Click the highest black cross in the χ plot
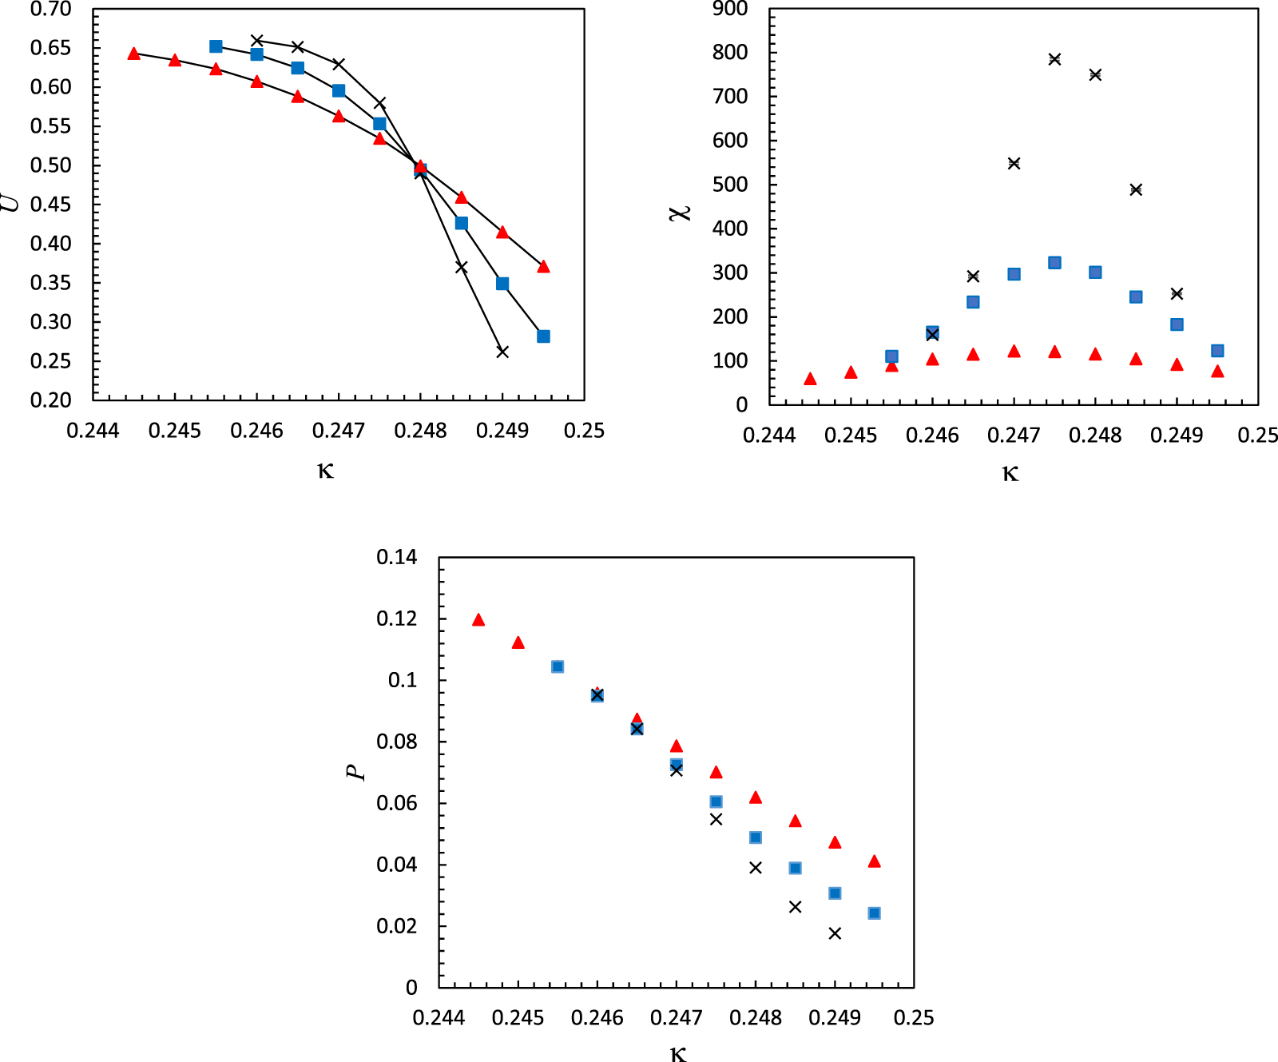1054,59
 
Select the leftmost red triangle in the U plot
134,54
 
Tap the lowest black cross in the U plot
502,352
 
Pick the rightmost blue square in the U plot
543,336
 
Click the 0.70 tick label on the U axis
50,10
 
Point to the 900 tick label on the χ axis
730,10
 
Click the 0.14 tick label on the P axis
397,557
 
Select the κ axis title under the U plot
325,470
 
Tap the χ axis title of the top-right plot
680,212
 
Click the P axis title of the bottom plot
355,772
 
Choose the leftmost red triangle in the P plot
478,620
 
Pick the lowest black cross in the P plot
835,933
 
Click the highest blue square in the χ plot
1054,263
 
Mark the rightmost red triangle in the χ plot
1217,371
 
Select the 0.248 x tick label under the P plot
755,1018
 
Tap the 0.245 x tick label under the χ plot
851,436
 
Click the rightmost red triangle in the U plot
543,267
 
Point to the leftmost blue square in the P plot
558,666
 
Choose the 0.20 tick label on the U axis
50,400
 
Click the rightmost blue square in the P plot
874,913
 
